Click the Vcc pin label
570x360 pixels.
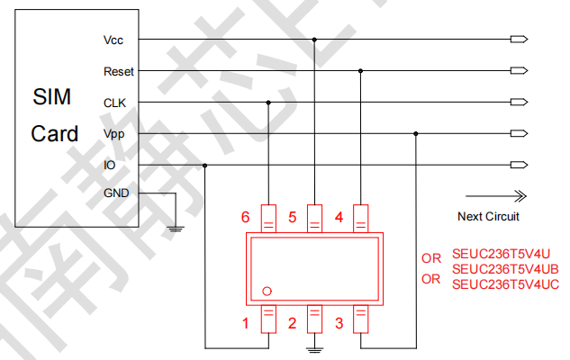[113, 40]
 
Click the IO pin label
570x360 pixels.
[110, 165]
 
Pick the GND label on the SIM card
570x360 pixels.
[117, 193]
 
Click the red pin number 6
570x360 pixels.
[245, 217]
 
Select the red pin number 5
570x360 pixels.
[292, 217]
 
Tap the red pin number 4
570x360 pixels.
[339, 217]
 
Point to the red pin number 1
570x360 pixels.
[245, 323]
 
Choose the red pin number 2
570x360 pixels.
[292, 323]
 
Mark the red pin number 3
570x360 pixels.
[339, 323]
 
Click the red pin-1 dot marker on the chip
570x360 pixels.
[267, 291]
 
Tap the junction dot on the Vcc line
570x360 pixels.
[314, 40]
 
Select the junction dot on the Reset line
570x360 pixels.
[361, 70]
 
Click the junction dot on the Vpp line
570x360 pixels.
[416, 133]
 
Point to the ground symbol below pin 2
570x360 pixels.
[314, 347]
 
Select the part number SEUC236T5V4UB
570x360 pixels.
[505, 269]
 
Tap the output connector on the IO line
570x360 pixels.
[518, 165]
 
